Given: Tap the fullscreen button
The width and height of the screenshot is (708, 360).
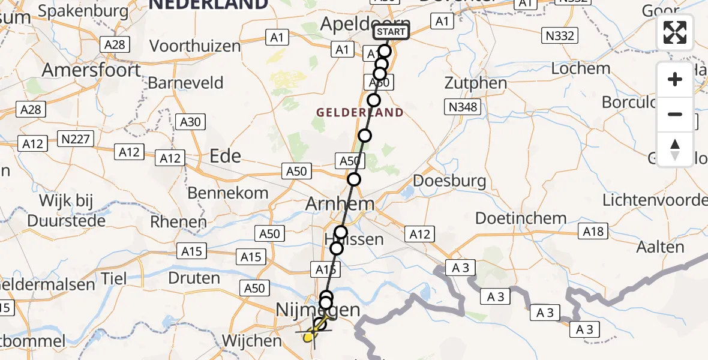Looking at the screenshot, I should tap(675, 32).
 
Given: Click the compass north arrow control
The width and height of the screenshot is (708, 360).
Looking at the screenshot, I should tap(675, 149).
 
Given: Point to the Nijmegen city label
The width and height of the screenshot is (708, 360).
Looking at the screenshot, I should tap(318, 310).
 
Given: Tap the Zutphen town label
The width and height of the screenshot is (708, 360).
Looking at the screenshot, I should tap(476, 83).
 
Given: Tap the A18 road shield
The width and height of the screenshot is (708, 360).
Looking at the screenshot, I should tap(593, 231).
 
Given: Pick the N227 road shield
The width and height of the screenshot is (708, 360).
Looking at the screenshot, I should tap(76, 140).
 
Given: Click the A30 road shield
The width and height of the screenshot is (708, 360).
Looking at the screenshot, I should tap(190, 122).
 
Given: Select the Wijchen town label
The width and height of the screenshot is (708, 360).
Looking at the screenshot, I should tap(252, 341).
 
